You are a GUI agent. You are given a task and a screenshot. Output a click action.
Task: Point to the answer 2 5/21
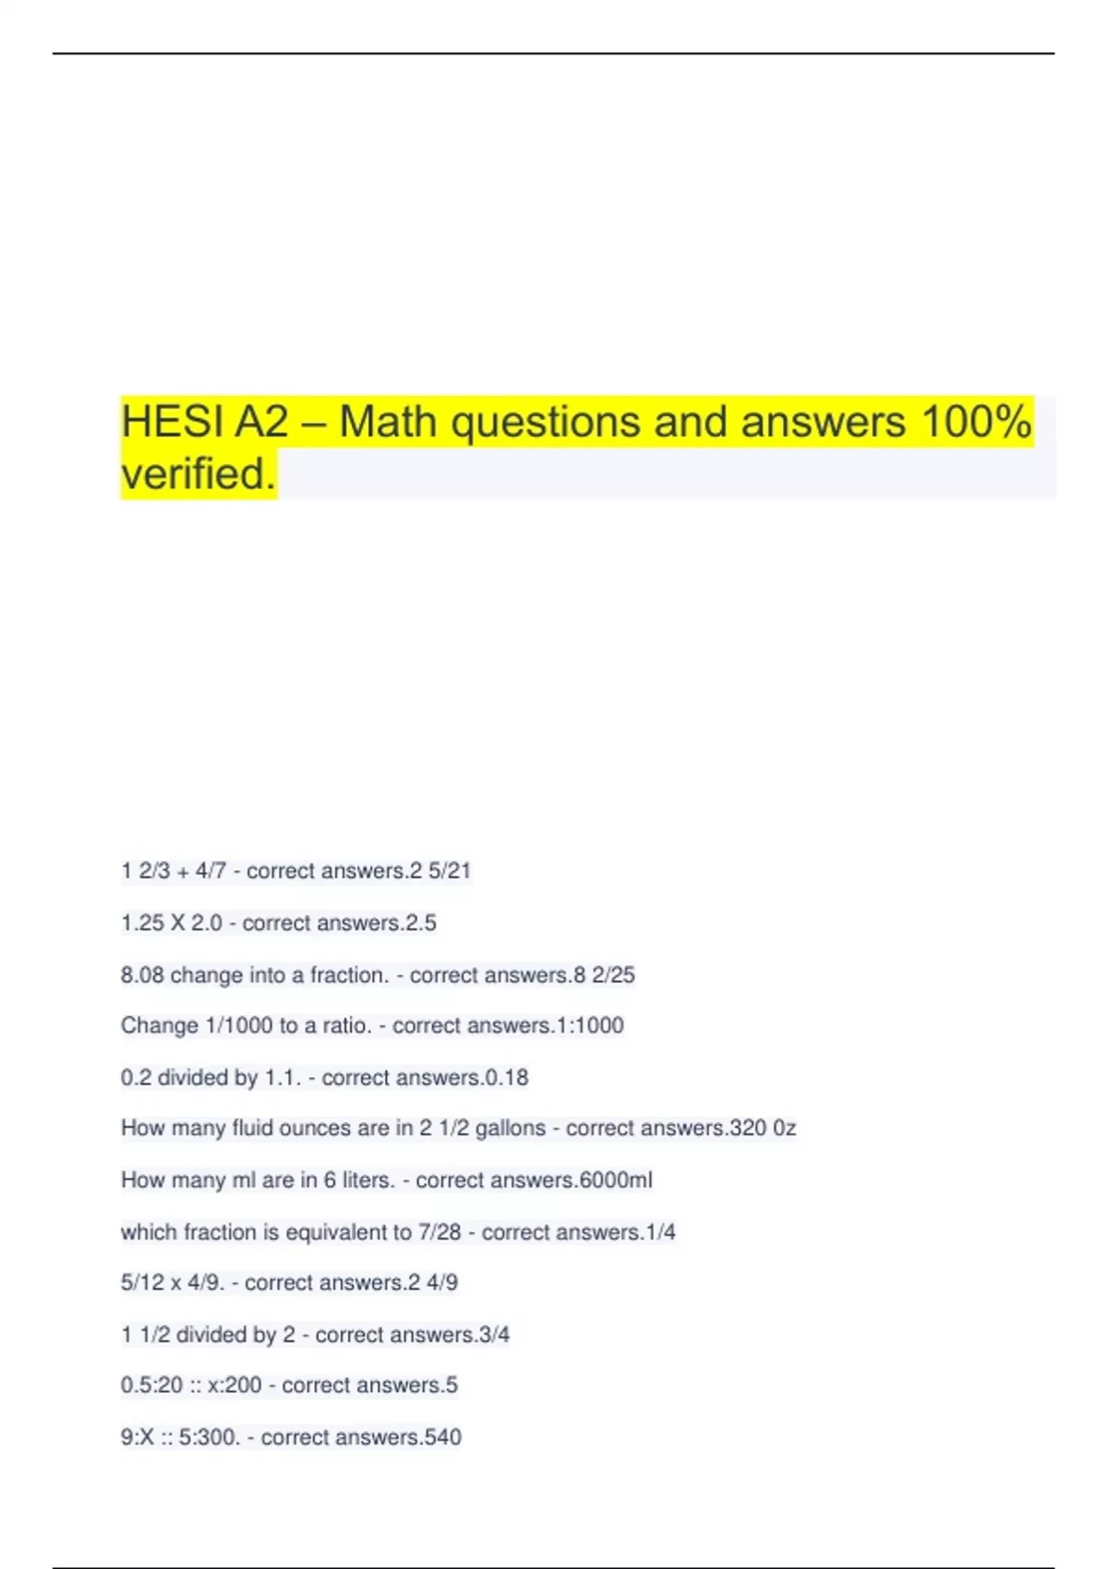(440, 870)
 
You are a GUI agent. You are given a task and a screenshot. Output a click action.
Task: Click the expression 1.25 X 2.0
(172, 923)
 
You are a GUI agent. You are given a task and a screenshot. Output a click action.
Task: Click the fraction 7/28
(440, 1232)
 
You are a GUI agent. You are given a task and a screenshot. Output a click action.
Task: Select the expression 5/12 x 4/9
(173, 1283)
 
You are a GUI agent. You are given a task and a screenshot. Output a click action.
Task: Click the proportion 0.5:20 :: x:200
(191, 1385)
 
